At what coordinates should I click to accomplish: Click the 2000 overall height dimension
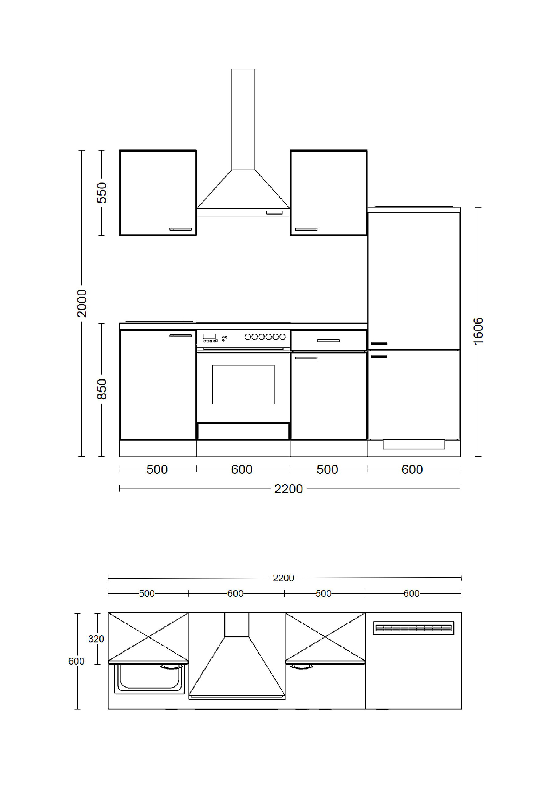pyautogui.click(x=82, y=303)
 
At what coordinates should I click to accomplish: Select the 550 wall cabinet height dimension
pyautogui.click(x=102, y=193)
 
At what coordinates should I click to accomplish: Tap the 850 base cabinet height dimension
pyautogui.click(x=102, y=389)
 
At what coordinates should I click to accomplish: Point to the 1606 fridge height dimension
pyautogui.click(x=478, y=331)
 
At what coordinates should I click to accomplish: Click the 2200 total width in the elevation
pyautogui.click(x=288, y=489)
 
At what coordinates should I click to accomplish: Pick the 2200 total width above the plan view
pyautogui.click(x=283, y=578)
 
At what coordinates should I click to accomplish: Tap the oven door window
pyautogui.click(x=243, y=384)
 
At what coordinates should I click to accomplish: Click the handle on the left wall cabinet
pyautogui.click(x=181, y=229)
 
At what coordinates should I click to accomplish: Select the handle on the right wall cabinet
pyautogui.click(x=306, y=229)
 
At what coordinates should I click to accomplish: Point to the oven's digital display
pyautogui.click(x=209, y=337)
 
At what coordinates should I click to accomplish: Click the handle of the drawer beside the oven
pyautogui.click(x=328, y=340)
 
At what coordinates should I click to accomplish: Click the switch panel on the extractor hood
pyautogui.click(x=274, y=212)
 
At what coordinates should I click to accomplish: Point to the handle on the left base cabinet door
pyautogui.click(x=181, y=336)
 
